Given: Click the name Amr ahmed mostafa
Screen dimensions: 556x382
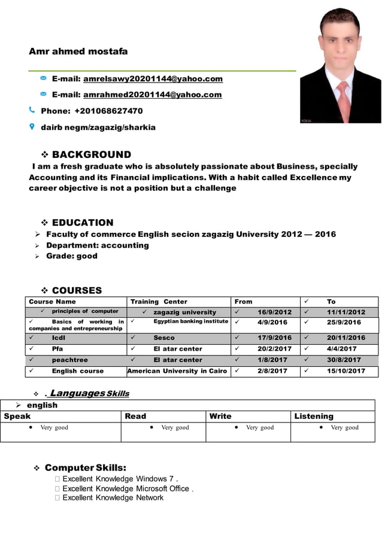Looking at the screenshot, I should [78, 52].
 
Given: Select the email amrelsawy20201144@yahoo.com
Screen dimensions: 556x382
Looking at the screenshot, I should [153, 79].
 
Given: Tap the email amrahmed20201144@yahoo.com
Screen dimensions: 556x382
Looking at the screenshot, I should [152, 95].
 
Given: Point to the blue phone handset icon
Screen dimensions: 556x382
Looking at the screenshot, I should [32, 110].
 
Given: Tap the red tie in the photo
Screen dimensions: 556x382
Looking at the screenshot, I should [344, 99].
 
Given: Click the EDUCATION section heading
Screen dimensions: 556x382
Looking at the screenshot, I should [83, 223].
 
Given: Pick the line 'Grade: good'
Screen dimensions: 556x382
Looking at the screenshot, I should [72, 256].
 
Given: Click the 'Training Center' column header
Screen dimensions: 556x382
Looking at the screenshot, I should [159, 302].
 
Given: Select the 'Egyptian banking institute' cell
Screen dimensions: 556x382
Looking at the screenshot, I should [190, 321].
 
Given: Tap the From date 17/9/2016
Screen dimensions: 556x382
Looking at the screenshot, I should [274, 338].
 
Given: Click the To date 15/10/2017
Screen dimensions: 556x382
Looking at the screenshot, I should [345, 371].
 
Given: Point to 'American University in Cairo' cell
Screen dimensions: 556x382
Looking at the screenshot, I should [177, 371].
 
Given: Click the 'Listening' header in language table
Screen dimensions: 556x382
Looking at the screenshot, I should [314, 416].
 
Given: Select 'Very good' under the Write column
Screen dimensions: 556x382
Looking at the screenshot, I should [259, 427].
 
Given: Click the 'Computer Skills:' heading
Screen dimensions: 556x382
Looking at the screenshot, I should [85, 467].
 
